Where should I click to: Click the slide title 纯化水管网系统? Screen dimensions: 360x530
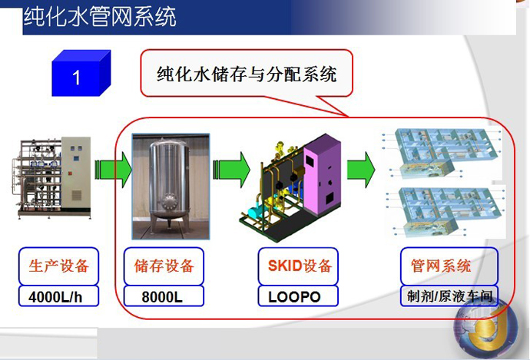(99, 16)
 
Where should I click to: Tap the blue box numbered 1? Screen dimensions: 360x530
(78, 77)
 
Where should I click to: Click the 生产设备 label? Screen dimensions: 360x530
(54, 266)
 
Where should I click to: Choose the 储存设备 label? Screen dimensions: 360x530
(164, 266)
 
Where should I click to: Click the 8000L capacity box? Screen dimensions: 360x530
(164, 296)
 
